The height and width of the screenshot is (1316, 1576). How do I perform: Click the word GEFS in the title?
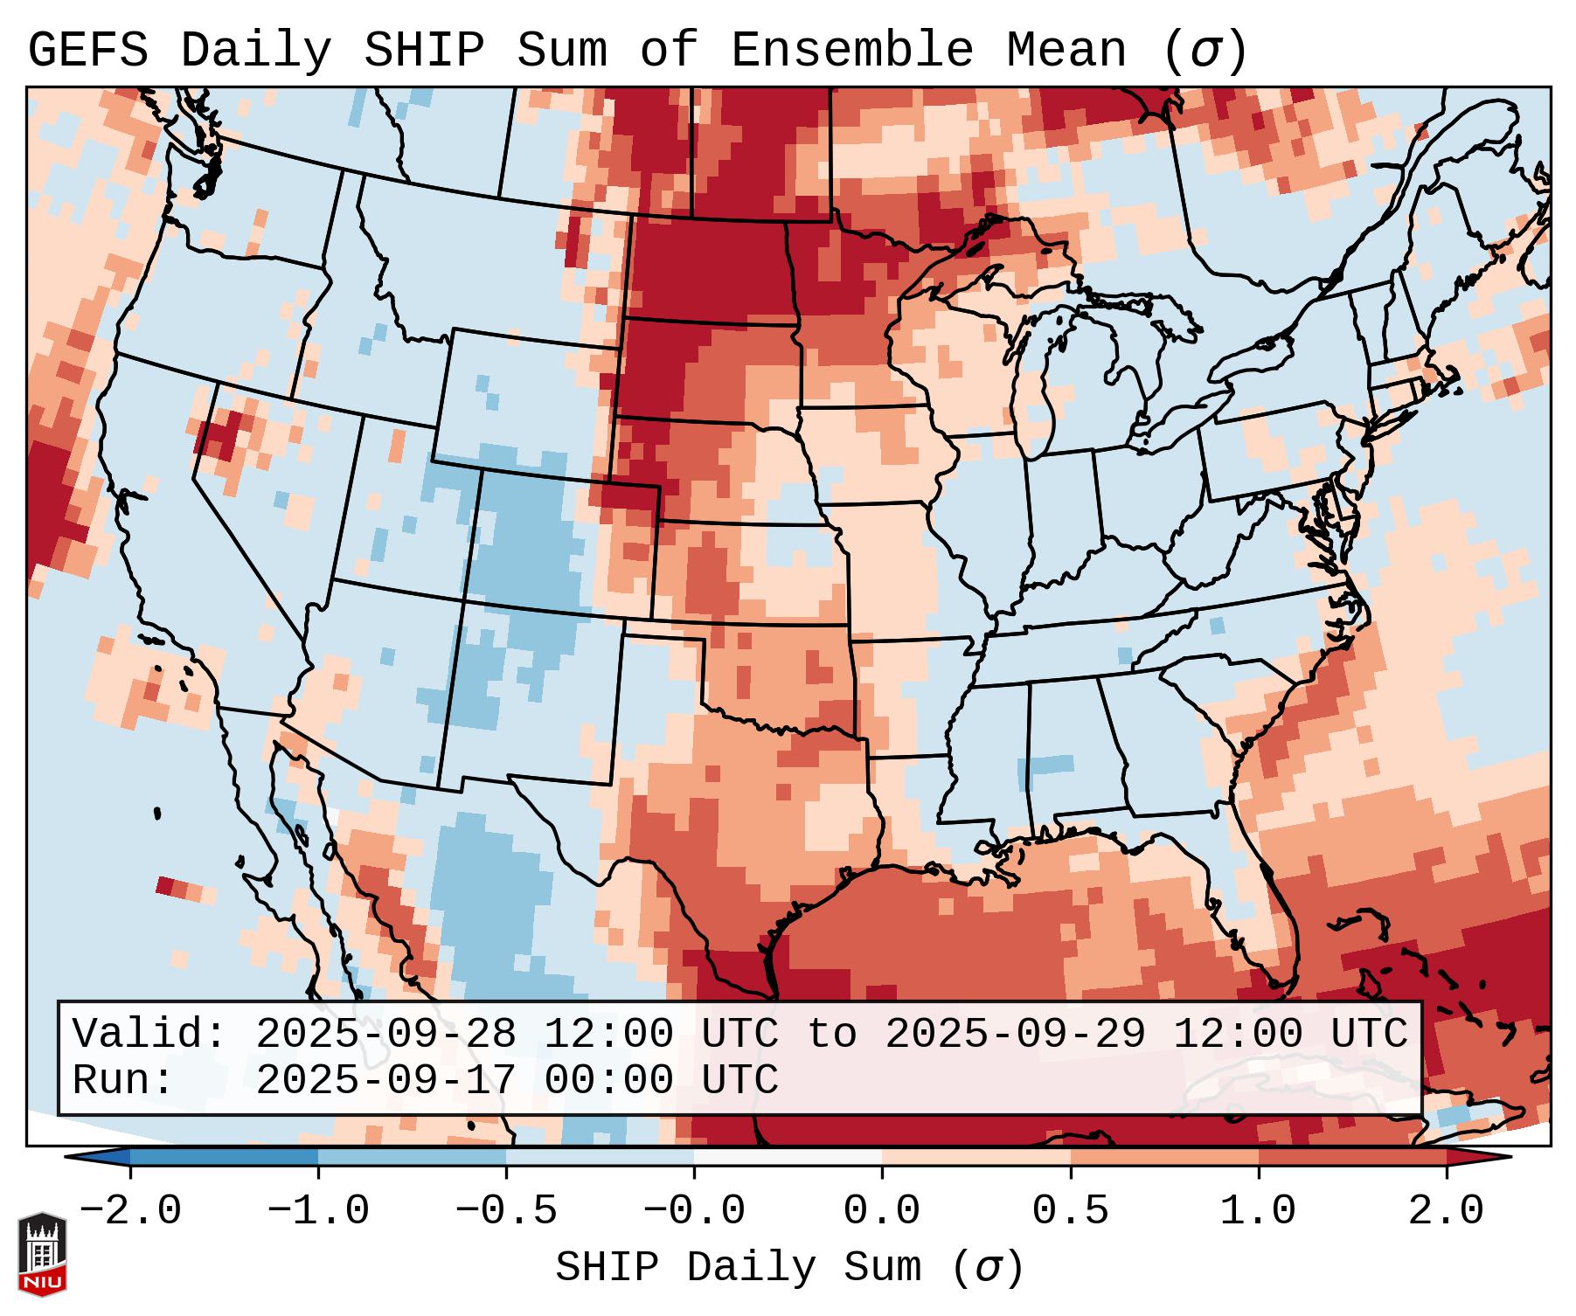pyautogui.click(x=87, y=50)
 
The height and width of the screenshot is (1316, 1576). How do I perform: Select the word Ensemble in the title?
pyautogui.click(x=851, y=50)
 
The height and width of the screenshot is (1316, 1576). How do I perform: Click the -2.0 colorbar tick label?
pyautogui.click(x=130, y=1212)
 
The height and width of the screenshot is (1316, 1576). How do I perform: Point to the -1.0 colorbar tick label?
pyautogui.click(x=318, y=1212)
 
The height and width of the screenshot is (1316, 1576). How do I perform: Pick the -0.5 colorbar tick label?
pyautogui.click(x=506, y=1212)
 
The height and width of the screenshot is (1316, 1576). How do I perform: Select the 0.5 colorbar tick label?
pyautogui.click(x=1071, y=1212)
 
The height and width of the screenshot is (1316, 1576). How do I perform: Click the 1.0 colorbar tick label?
pyautogui.click(x=1259, y=1212)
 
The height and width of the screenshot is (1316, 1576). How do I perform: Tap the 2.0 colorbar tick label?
pyautogui.click(x=1447, y=1212)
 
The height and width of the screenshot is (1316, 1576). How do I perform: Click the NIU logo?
pyautogui.click(x=42, y=1255)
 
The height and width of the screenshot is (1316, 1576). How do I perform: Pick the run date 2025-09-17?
pyautogui.click(x=386, y=1081)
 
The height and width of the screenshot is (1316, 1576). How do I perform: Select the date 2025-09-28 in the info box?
pyautogui.click(x=386, y=1034)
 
